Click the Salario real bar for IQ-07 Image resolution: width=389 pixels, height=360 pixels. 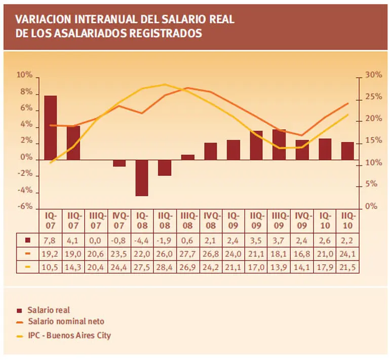click(x=50, y=127)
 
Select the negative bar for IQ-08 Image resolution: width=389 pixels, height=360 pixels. click(x=142, y=177)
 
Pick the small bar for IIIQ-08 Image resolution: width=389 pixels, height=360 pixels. click(x=187, y=157)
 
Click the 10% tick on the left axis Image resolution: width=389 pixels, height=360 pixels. click(x=25, y=76)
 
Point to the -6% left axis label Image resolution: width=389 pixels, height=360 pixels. click(x=25, y=207)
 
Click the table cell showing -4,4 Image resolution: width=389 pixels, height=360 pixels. click(x=142, y=240)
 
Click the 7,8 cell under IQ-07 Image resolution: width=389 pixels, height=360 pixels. click(x=50, y=240)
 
